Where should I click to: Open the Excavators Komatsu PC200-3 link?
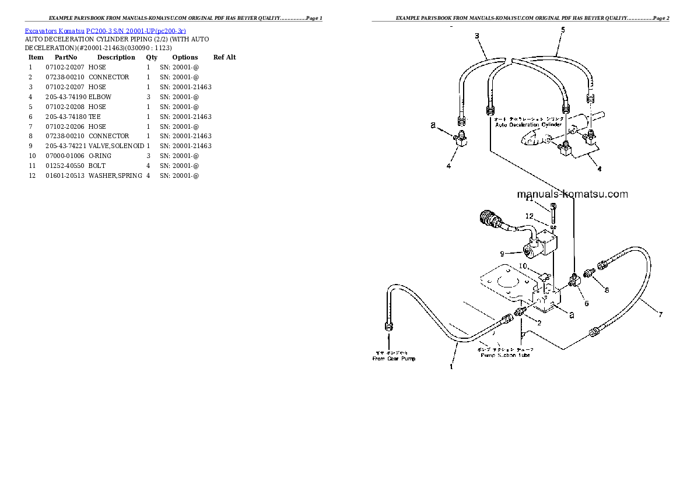pyautogui.click(x=106, y=30)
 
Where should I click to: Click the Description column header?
pyautogui.click(x=115, y=57)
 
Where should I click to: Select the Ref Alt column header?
pyautogui.click(x=225, y=57)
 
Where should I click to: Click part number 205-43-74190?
pyautogui.click(x=65, y=97)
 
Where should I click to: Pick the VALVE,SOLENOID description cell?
pyautogui.click(x=116, y=146)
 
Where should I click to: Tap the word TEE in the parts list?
pyautogui.click(x=94, y=117)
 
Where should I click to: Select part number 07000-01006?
pyautogui.click(x=65, y=156)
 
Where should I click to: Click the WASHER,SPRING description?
pyautogui.click(x=115, y=176)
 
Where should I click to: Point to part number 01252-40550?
pyautogui.click(x=65, y=166)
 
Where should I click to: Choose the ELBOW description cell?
pyautogui.click(x=100, y=97)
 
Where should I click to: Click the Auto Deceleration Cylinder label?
pyautogui.click(x=528, y=124)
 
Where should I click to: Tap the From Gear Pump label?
pyautogui.click(x=394, y=358)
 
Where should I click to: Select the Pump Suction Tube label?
pyautogui.click(x=505, y=355)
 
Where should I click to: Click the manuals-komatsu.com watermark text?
pyautogui.click(x=572, y=194)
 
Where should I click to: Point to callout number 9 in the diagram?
pyautogui.click(x=502, y=253)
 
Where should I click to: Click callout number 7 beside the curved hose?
pyautogui.click(x=660, y=315)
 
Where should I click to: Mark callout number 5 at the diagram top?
pyautogui.click(x=562, y=30)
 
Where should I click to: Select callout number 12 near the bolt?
pyautogui.click(x=529, y=216)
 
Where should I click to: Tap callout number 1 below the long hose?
pyautogui.click(x=451, y=366)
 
